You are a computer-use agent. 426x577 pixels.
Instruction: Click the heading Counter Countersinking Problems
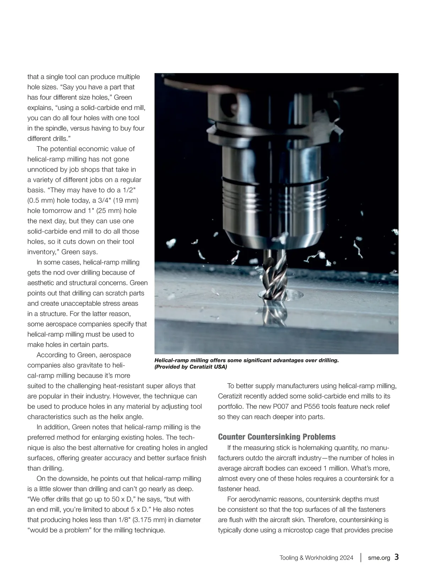click(x=277, y=437)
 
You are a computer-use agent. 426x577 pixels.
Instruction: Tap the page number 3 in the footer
click(x=397, y=557)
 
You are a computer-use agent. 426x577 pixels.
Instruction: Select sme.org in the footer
click(x=379, y=557)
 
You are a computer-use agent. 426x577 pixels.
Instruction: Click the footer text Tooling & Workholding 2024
click(x=316, y=557)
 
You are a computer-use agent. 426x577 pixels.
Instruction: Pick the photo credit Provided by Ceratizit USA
click(x=191, y=367)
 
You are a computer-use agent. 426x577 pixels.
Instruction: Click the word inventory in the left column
click(x=42, y=252)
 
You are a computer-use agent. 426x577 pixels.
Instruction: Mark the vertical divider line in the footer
click(x=361, y=557)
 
